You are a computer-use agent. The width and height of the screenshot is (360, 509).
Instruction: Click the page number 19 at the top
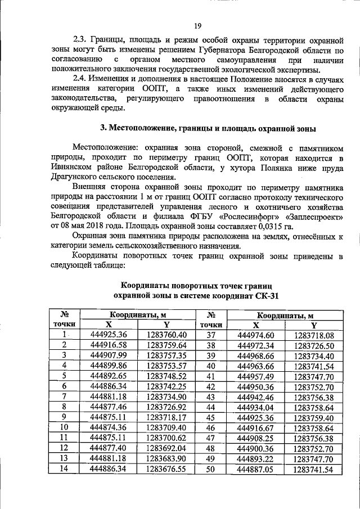tap(197, 25)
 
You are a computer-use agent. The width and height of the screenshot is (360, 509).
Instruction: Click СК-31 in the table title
tap(265, 295)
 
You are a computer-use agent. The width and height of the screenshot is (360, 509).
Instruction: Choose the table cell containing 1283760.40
tap(167, 335)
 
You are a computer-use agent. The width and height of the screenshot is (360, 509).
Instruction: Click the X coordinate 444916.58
tap(109, 345)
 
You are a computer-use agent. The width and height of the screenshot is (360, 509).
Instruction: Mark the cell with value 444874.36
tap(109, 426)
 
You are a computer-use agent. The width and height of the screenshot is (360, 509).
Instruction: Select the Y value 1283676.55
tap(167, 467)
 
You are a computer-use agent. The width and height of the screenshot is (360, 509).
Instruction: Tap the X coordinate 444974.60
tap(256, 335)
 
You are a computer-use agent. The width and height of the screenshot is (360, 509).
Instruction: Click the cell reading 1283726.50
tap(314, 345)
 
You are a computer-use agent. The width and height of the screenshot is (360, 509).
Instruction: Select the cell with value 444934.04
tap(256, 406)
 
